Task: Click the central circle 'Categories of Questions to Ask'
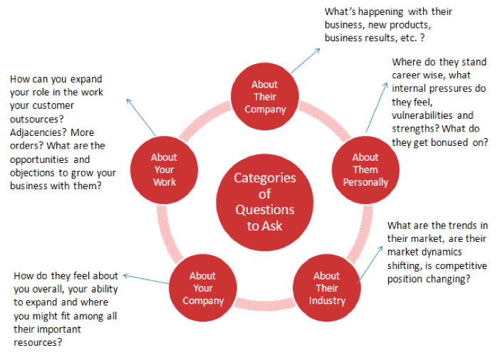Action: point(264,202)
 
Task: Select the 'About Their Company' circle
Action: point(265,96)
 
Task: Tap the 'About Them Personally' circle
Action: point(365,169)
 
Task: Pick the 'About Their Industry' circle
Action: point(327,288)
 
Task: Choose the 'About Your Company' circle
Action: point(203,288)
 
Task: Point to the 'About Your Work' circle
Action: point(164,169)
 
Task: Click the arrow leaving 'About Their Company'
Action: point(305,60)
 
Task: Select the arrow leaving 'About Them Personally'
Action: point(377,107)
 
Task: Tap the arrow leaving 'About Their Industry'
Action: point(370,265)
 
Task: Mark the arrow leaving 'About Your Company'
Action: point(146,278)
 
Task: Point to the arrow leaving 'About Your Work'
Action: point(141,117)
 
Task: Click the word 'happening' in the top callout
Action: point(381,12)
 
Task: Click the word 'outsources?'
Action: point(37,120)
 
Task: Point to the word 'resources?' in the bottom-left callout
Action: point(38,342)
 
